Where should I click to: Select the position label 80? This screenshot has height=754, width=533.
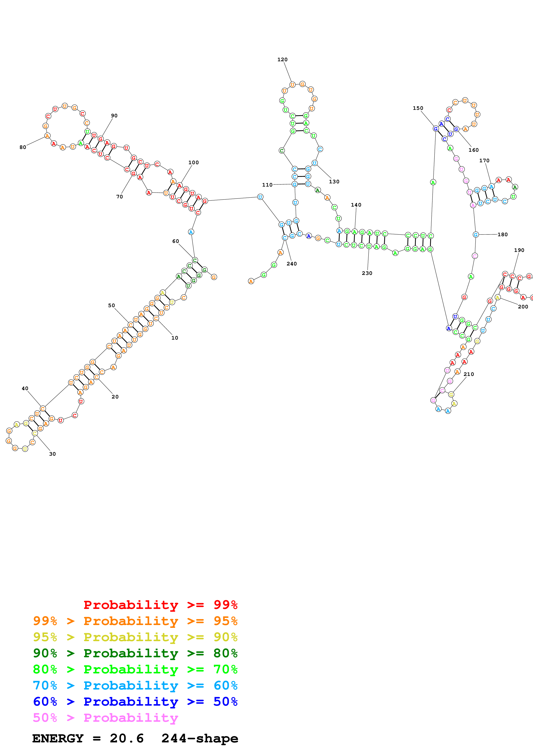[23, 147]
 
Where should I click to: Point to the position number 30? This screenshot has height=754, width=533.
[52, 454]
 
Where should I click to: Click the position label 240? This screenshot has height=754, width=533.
[291, 264]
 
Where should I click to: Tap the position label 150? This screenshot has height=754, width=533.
[418, 108]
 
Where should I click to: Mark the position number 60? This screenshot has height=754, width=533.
[175, 241]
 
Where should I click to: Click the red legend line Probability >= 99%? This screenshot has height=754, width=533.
[160, 605]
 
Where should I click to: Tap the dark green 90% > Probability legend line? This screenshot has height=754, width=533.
[135, 653]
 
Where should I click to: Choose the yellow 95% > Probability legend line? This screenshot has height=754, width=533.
[135, 637]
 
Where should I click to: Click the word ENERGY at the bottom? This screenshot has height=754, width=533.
[58, 738]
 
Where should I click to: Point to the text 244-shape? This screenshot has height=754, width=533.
[200, 738]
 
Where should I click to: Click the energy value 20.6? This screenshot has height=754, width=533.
[127, 738]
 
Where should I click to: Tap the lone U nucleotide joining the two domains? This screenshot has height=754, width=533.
[260, 197]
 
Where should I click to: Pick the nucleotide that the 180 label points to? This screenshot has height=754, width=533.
[476, 234]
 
